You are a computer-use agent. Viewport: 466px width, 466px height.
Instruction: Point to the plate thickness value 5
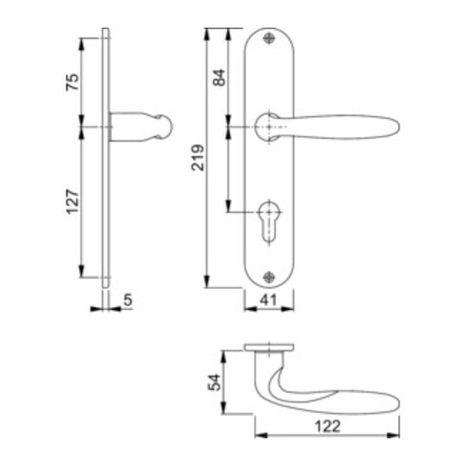click(x=127, y=303)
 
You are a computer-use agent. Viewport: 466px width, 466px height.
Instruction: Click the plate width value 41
click(x=270, y=304)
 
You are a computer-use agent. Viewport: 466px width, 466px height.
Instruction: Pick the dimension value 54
click(x=214, y=382)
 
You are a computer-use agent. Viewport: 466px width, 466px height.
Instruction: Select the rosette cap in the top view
click(x=270, y=346)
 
